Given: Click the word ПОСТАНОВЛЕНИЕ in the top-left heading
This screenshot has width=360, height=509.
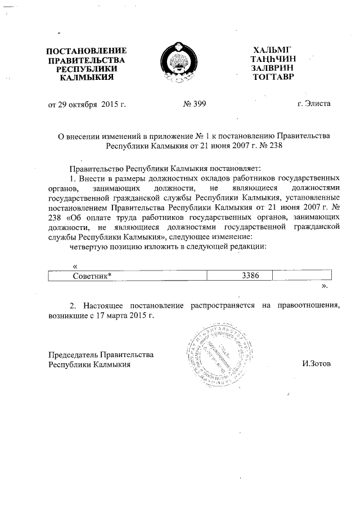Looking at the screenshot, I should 86,51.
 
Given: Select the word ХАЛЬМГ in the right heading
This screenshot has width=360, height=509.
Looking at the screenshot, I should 273,50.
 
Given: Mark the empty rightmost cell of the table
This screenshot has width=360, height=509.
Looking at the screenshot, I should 302,276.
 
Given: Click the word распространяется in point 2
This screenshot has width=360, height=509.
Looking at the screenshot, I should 220,305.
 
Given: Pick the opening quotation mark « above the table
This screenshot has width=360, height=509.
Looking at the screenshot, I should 75,265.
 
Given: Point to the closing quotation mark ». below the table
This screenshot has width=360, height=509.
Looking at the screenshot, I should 325,286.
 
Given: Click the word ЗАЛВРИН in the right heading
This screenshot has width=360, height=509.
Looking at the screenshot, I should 273,67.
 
